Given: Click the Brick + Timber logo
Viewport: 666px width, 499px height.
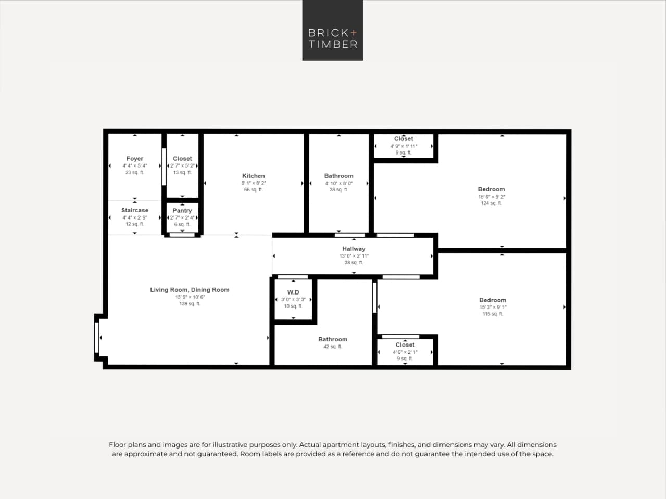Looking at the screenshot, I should tap(332, 30).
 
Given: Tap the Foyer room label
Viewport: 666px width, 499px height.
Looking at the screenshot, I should tap(134, 159).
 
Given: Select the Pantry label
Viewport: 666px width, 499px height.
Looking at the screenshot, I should tap(182, 211).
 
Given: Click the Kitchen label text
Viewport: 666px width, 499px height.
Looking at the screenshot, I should tap(253, 176).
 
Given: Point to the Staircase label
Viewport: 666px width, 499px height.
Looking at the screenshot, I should tap(135, 210).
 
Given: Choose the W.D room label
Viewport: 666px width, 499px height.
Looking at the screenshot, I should tap(293, 292).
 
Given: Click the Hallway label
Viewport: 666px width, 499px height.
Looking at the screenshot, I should tap(354, 249).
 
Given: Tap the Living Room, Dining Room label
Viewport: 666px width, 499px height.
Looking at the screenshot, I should tap(190, 290).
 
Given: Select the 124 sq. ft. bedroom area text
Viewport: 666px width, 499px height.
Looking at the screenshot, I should tap(491, 203).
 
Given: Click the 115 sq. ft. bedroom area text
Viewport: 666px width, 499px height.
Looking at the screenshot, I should tap(492, 314).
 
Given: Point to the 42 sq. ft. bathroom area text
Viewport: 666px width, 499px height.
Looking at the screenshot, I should tap(332, 347).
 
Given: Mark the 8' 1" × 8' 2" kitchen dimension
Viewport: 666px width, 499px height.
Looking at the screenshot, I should tap(253, 183).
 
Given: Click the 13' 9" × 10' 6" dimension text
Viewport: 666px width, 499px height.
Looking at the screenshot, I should tap(190, 297).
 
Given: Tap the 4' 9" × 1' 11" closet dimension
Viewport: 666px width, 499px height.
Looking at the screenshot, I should tap(404, 146).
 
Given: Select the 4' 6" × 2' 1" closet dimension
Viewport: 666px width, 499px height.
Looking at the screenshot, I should tap(405, 352).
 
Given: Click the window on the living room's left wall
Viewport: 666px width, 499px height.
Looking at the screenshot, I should tap(97, 337).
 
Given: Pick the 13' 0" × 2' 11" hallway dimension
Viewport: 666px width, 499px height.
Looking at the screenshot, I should tap(354, 256).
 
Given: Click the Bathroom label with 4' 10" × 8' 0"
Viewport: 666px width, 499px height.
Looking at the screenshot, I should tap(338, 176).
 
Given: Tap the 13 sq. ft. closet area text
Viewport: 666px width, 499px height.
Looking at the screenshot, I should tap(182, 172).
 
